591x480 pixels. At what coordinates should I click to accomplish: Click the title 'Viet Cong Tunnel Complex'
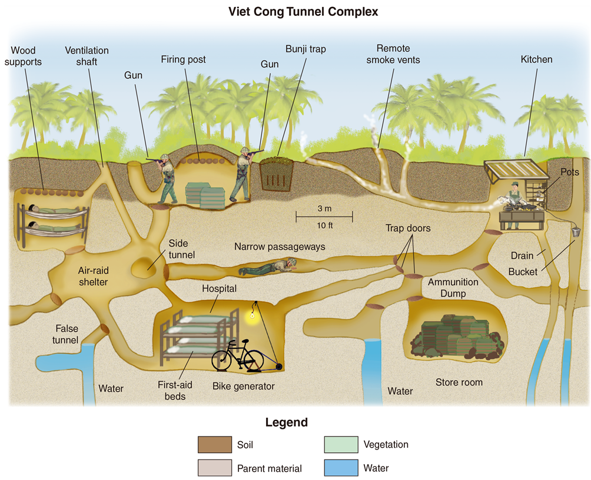303,12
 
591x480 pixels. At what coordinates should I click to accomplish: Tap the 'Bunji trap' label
306,49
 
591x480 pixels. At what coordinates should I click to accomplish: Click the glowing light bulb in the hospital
252,315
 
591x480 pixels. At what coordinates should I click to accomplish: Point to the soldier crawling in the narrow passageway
268,266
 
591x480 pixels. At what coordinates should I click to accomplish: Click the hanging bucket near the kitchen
576,231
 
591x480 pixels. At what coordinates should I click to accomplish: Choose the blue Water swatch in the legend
341,468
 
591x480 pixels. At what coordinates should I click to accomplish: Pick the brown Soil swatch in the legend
215,445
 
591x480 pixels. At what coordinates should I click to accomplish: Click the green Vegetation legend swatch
341,445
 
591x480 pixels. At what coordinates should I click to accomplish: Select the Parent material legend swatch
215,468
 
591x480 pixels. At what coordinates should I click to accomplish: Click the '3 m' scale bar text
324,208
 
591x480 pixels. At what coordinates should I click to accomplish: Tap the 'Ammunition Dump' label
453,288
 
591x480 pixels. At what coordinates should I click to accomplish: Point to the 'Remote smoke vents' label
393,54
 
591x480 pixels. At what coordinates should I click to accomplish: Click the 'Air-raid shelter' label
93,276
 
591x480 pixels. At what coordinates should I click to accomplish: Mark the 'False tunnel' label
66,334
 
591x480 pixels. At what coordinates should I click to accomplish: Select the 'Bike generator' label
244,386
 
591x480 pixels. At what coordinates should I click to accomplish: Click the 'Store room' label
459,382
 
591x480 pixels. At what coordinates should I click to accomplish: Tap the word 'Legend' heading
287,422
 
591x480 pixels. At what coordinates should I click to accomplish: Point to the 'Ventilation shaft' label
87,56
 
